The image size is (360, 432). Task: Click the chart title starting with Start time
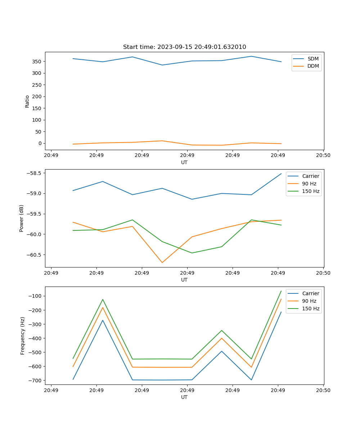(184, 47)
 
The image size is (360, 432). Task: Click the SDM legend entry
(313, 59)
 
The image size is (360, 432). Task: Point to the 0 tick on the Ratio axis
(40, 143)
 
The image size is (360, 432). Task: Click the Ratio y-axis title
(27, 101)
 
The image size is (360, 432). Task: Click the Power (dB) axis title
(22, 218)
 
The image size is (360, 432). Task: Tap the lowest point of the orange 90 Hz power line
(162, 262)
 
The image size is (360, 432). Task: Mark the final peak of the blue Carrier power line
(281, 174)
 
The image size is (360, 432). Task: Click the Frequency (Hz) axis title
(23, 336)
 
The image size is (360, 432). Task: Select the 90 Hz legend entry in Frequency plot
(309, 301)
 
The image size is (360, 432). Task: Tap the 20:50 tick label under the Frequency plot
(323, 390)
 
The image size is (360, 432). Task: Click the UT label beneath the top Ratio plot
(184, 162)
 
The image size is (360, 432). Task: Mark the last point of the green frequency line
(281, 291)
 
